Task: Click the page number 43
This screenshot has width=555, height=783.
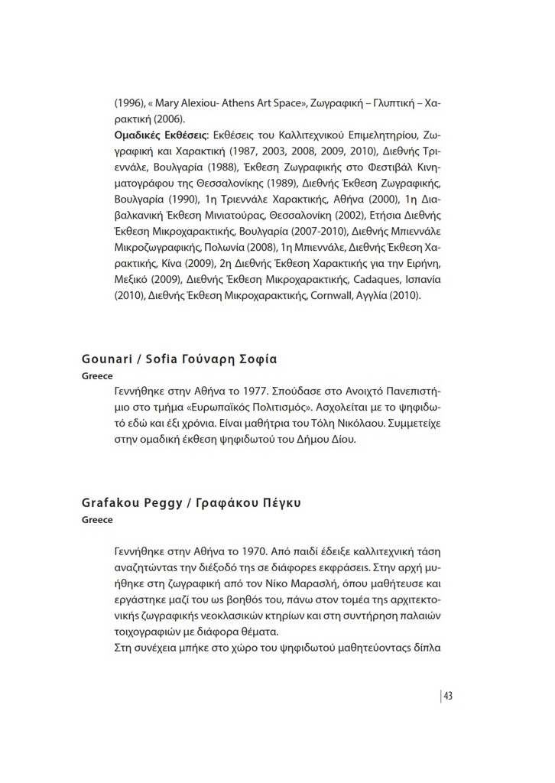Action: [x=448, y=695]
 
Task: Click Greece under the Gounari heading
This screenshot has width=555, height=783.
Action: [x=97, y=376]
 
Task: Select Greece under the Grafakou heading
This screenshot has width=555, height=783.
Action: [x=97, y=520]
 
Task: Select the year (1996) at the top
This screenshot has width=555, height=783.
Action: [x=131, y=102]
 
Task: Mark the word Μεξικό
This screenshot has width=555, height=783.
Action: [x=135, y=279]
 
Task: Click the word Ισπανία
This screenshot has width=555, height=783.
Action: [x=417, y=279]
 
